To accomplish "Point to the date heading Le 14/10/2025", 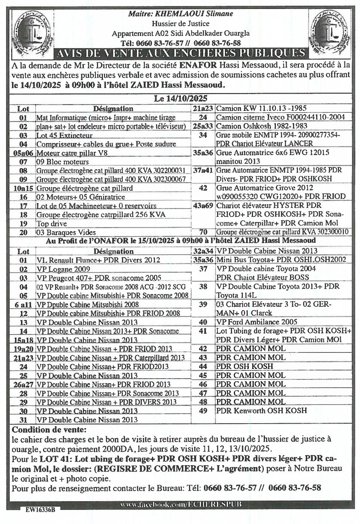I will (x=180, y=99).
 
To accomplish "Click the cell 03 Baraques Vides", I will (x=66, y=232).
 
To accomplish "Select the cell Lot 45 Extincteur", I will (x=64, y=135).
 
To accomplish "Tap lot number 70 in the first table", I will (x=203, y=232).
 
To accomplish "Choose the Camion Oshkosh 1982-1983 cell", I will (x=262, y=126).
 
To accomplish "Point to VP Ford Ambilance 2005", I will (x=257, y=322).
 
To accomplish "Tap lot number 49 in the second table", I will (x=203, y=411).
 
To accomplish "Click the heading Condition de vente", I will (x=49, y=429).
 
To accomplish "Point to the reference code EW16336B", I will (x=40, y=510).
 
